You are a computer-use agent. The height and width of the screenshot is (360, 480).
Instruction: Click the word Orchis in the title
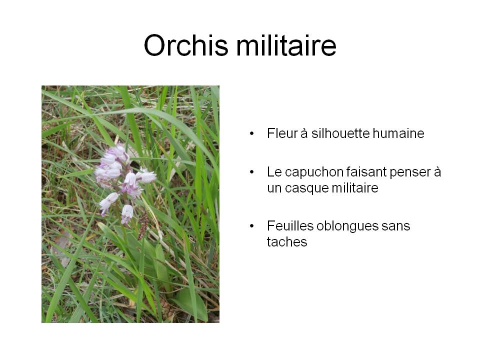(186, 45)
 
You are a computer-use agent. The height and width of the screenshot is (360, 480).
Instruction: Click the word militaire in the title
(286, 45)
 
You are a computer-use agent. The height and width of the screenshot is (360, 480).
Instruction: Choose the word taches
(287, 242)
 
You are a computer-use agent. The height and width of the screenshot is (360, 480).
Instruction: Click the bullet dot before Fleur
(251, 133)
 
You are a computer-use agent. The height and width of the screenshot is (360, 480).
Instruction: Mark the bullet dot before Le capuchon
(251, 172)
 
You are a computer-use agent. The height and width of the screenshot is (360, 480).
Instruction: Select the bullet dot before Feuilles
(251, 226)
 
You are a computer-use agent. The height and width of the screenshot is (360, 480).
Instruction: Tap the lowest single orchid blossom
(126, 213)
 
